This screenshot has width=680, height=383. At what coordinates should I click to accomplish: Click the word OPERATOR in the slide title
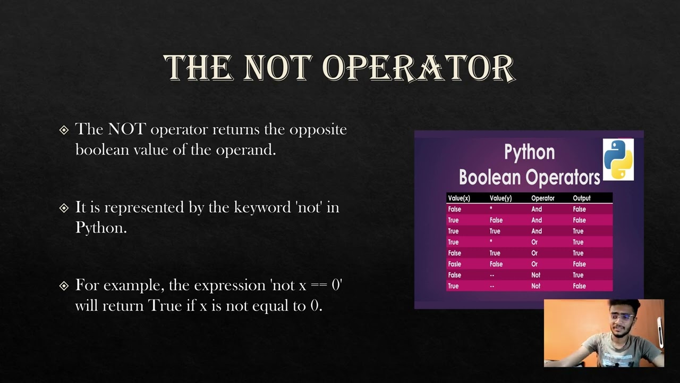click(418, 68)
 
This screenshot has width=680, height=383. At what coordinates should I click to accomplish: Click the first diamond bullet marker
click(64, 130)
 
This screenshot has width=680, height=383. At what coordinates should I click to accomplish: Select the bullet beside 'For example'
click(64, 286)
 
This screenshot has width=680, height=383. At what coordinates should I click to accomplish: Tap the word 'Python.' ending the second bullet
click(101, 227)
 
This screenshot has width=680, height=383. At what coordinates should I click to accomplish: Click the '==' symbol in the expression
click(319, 286)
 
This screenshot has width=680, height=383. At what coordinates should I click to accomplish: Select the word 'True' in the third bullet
click(165, 306)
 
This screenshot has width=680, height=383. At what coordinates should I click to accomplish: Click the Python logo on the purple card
click(618, 160)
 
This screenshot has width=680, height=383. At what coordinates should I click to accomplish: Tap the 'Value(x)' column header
click(459, 198)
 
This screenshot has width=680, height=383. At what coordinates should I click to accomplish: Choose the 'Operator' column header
click(542, 198)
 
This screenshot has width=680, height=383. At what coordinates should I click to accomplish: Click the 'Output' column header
click(581, 198)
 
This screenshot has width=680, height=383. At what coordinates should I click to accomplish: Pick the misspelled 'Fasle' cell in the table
click(454, 264)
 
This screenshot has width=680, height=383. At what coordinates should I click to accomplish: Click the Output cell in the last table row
click(579, 286)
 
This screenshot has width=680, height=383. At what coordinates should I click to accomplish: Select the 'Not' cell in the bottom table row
click(535, 286)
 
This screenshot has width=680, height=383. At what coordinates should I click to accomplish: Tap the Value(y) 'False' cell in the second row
click(496, 220)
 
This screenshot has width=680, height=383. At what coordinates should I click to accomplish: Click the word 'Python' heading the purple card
click(529, 153)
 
